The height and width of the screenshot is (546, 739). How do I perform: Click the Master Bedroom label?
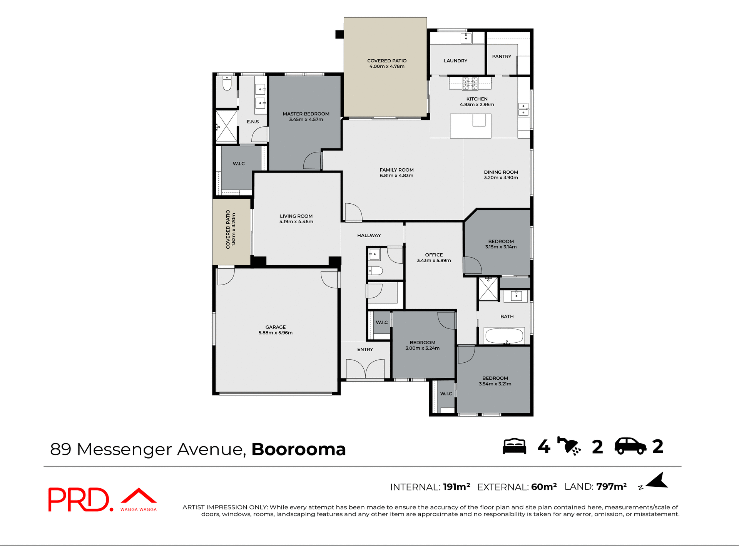tap(306, 114)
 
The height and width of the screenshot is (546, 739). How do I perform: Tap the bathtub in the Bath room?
tap(504, 336)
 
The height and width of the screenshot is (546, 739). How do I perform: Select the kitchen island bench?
tap(470, 126)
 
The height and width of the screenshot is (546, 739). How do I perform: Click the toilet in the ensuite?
tap(227, 84)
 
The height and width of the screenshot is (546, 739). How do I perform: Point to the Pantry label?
tap(502, 57)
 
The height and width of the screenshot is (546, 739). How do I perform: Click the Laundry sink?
tap(466, 38)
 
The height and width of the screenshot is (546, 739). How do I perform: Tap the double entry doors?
tap(365, 369)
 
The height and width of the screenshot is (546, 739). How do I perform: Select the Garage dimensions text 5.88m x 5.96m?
tap(276, 333)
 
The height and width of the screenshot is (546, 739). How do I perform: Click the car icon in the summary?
tap(630, 446)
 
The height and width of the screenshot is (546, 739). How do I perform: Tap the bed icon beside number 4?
tap(515, 446)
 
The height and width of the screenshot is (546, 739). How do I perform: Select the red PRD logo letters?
tap(79, 500)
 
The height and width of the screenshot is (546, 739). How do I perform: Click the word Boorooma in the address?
tap(298, 449)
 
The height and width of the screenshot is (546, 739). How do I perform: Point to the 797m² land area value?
tap(611, 487)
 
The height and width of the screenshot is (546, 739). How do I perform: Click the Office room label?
tap(434, 255)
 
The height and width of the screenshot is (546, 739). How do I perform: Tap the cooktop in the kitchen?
tap(470, 83)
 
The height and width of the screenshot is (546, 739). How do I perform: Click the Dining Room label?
tap(501, 172)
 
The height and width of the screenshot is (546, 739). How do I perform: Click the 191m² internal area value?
tap(456, 487)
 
